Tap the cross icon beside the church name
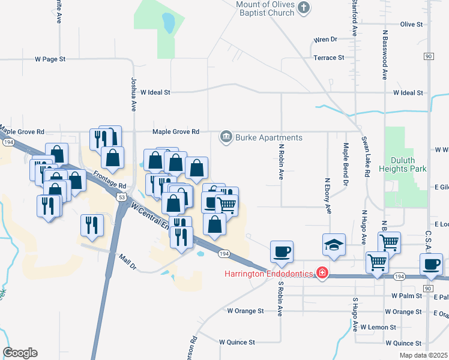[x=304, y=8]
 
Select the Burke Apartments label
[x=268, y=137]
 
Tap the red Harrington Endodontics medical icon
[x=322, y=274]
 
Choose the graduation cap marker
[x=334, y=244]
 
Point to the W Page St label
[x=50, y=59]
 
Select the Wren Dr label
[x=325, y=40]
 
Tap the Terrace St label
[x=329, y=58]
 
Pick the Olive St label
[x=412, y=25]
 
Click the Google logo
[x=20, y=353]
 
